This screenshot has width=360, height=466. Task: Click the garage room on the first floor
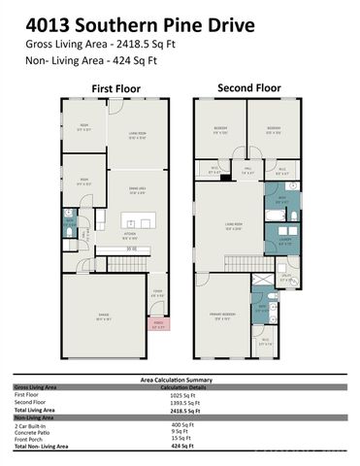click(101, 316)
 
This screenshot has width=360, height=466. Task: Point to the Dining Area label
click(140, 190)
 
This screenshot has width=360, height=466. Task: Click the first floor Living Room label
click(140, 137)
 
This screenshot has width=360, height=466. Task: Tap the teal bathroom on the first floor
click(70, 229)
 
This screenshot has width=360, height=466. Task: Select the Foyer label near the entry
click(157, 295)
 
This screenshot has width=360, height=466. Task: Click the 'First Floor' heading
click(115, 88)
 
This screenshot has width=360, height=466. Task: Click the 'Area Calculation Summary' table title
click(180, 381)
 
